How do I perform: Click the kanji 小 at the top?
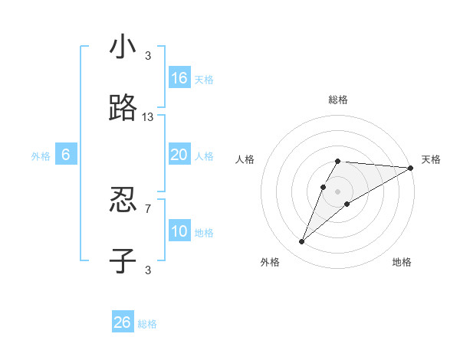click(x=123, y=47)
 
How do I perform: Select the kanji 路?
click(x=123, y=109)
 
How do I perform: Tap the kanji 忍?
click(x=123, y=201)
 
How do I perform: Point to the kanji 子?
click(x=123, y=261)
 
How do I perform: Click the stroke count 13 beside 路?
click(x=148, y=116)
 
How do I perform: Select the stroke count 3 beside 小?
click(x=148, y=55)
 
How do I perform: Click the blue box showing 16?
click(x=179, y=78)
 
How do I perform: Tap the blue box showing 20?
click(x=179, y=155)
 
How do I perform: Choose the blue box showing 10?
click(x=179, y=231)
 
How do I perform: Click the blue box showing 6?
click(x=66, y=155)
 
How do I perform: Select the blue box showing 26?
click(x=123, y=322)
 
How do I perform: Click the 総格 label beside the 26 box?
click(x=147, y=324)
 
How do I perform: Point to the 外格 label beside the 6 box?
click(x=41, y=156)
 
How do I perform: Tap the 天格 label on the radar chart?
click(x=431, y=159)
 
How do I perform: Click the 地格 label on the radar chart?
click(x=402, y=262)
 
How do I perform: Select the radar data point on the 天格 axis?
click(x=411, y=168)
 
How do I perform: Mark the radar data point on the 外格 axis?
click(x=302, y=242)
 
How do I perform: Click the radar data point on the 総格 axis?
click(x=337, y=161)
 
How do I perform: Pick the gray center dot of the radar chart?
click(x=337, y=191)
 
